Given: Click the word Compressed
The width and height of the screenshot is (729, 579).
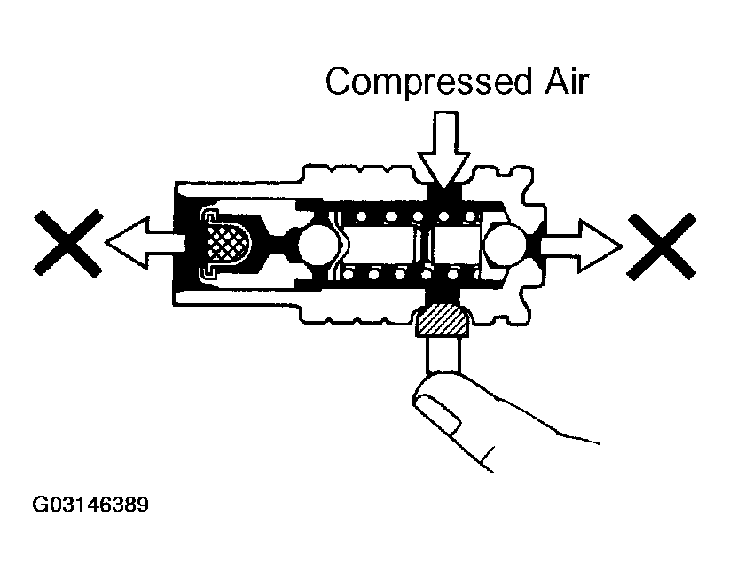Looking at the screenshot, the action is coord(428,82).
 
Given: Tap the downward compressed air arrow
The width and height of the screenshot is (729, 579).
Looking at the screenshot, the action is coord(444,149).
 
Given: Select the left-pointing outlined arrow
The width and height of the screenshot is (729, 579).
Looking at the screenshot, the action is coord(145,243).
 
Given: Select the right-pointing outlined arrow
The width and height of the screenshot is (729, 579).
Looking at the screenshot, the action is coord(581,246).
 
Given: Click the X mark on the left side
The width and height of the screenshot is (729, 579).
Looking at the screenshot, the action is coord(68,244).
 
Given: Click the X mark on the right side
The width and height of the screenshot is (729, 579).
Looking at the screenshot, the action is coord(661,246).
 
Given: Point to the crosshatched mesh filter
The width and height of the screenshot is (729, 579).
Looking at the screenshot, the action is coord(228,242).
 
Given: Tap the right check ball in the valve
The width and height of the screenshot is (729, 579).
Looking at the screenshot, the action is coord(505,244).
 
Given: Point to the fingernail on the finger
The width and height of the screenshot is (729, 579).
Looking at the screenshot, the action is coord(437,413).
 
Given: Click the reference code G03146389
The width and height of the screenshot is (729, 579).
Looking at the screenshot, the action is coord(90,505).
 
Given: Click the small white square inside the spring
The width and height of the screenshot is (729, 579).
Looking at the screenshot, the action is coord(456,245).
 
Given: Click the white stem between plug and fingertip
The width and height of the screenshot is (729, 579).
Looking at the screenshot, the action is coord(443,354).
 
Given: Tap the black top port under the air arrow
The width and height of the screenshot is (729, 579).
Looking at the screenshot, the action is coord(444,194).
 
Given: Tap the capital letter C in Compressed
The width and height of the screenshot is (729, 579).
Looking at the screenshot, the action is coord(339,82).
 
